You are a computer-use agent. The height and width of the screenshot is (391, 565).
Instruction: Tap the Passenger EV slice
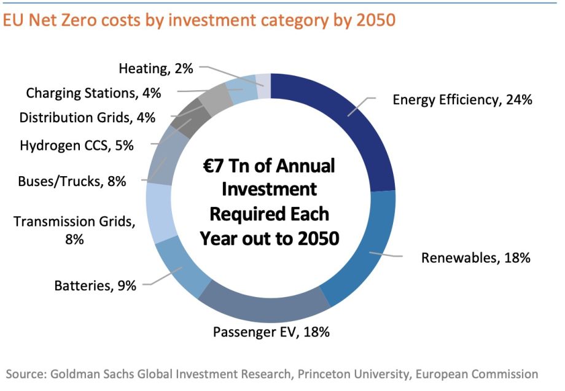coord(270,304)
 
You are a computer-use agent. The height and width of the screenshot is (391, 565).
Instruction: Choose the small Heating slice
coord(263,85)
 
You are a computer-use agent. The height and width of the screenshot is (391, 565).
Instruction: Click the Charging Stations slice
coord(243,91)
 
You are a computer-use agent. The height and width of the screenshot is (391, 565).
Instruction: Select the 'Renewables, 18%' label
coord(475,258)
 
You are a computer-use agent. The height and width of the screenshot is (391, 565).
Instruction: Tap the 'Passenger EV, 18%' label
coord(271,332)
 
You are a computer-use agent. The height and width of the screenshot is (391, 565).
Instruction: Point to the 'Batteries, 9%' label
coord(95,285)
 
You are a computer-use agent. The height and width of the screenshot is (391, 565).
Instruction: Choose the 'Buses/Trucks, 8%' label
coord(72,181)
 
